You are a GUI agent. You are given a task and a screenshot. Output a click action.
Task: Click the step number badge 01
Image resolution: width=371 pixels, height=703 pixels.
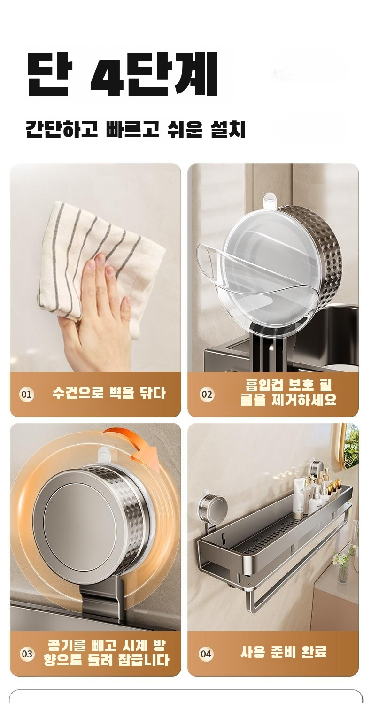pos(27,394)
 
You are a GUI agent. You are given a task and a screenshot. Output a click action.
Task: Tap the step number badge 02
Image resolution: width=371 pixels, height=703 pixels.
pos(207,394)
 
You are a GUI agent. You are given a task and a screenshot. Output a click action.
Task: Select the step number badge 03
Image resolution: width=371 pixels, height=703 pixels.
pos(27,654)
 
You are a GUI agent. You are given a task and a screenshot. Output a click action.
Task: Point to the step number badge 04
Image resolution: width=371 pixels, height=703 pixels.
pos(206,654)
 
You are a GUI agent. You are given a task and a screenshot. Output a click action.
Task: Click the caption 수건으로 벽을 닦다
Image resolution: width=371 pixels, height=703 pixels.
pos(109,393)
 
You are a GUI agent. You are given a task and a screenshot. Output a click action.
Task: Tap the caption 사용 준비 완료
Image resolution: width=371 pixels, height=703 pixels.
pos(284,652)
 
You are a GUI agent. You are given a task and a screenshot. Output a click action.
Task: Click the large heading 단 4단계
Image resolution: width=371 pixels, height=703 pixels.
pos(123,74)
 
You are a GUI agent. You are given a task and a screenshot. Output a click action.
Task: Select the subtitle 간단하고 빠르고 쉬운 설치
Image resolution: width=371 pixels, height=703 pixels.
pos(136,129)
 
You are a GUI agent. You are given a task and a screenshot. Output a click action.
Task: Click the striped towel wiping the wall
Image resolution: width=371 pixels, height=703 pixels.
pos(100,263)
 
